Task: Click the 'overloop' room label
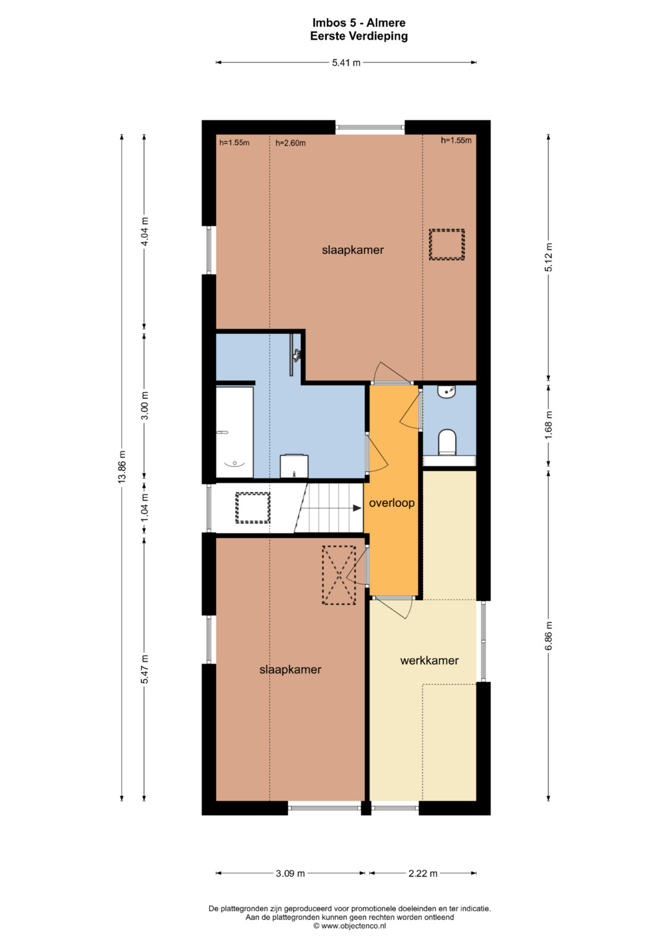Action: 391,503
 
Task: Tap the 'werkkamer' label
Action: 429,661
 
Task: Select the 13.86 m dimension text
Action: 122,467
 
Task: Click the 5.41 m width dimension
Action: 346,63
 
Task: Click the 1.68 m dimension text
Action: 548,425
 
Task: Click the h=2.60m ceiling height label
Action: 290,143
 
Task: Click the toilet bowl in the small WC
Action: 447,442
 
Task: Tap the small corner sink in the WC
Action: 447,392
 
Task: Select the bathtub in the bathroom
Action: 234,432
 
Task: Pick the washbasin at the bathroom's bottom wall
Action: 294,466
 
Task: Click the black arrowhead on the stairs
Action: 357,508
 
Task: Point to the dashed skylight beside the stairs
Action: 252,508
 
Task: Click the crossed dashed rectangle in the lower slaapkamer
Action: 339,575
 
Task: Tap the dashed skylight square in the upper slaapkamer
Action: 447,245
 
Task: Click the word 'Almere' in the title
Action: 386,23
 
